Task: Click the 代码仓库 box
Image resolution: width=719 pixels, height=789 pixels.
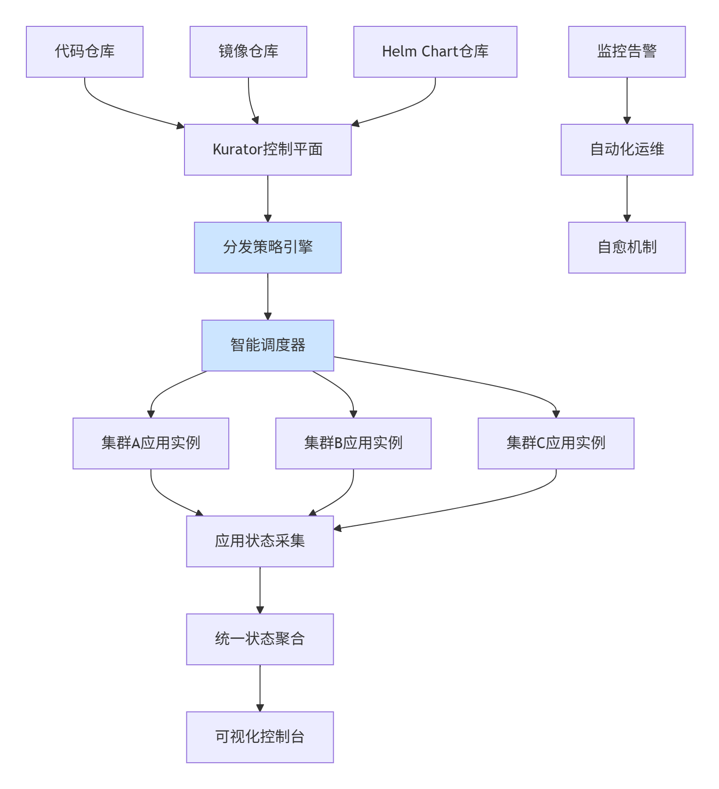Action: [85, 52]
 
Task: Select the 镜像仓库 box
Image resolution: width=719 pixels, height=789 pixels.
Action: [248, 52]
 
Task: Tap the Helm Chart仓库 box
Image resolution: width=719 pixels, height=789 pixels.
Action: [435, 52]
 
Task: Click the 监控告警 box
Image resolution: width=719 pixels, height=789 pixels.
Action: [627, 52]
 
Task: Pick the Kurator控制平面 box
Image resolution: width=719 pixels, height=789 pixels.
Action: [268, 150]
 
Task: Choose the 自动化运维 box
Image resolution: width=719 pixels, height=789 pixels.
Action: [627, 150]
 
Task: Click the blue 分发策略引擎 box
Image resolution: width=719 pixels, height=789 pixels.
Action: [268, 248]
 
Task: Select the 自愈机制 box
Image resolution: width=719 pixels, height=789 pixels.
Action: [627, 248]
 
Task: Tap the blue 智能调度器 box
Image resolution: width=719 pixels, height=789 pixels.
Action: [268, 346]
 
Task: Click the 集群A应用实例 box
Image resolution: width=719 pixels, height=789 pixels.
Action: [151, 443]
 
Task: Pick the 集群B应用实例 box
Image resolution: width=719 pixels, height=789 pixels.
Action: [353, 443]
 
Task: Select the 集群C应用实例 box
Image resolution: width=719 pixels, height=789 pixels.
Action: [556, 443]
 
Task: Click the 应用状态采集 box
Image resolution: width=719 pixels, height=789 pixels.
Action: [260, 541]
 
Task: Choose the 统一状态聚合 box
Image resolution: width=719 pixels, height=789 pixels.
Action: [260, 639]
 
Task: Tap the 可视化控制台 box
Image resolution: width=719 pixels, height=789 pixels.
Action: [260, 737]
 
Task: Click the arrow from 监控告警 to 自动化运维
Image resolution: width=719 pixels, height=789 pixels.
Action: [627, 101]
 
